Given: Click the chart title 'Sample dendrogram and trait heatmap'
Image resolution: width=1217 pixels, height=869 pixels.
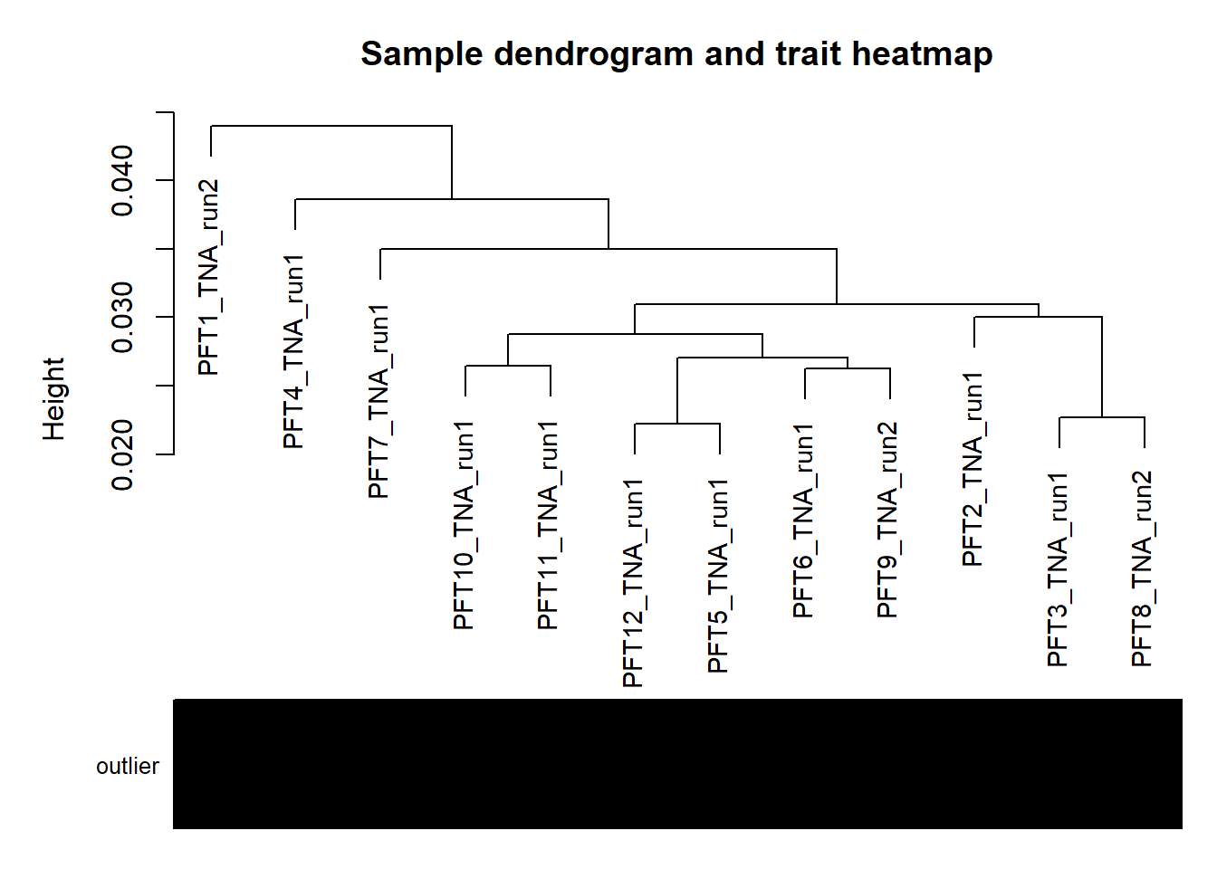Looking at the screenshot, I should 676,54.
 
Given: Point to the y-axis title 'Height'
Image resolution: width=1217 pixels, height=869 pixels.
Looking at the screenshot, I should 54,399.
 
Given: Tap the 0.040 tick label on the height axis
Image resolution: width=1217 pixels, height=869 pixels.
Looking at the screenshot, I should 122,180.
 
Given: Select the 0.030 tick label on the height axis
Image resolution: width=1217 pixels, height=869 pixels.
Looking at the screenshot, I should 122,317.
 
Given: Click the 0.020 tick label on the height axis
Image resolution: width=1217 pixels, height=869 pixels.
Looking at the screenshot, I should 122,454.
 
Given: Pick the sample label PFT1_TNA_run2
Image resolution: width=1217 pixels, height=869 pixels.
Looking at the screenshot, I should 209,277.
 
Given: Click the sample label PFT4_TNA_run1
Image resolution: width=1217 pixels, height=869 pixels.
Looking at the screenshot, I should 294,351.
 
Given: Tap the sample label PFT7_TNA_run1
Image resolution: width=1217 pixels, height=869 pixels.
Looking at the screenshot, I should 379,401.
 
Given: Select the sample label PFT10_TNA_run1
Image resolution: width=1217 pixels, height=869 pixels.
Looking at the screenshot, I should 465,525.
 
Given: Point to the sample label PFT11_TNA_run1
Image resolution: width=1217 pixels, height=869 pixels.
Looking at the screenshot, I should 549,525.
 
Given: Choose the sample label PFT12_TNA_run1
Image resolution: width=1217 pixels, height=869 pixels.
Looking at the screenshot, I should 634,583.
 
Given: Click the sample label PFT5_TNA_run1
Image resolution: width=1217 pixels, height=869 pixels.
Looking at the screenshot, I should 719,577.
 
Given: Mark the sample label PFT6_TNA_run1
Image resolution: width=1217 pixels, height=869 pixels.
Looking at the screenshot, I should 804,520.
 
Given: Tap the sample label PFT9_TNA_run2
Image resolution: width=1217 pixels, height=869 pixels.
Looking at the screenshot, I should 888,520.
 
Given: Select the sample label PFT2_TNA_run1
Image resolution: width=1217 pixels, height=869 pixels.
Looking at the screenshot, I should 973,469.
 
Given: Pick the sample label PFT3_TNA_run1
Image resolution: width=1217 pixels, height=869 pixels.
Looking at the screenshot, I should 1059,569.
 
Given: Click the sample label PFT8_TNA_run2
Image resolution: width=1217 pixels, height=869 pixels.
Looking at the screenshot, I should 1143,569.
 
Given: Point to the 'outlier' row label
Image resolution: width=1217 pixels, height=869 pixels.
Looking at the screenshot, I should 128,766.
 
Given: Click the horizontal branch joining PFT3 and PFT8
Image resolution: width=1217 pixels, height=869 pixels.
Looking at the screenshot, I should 1102,417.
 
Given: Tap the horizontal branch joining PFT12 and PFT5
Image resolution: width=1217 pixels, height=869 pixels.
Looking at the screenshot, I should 677,424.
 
